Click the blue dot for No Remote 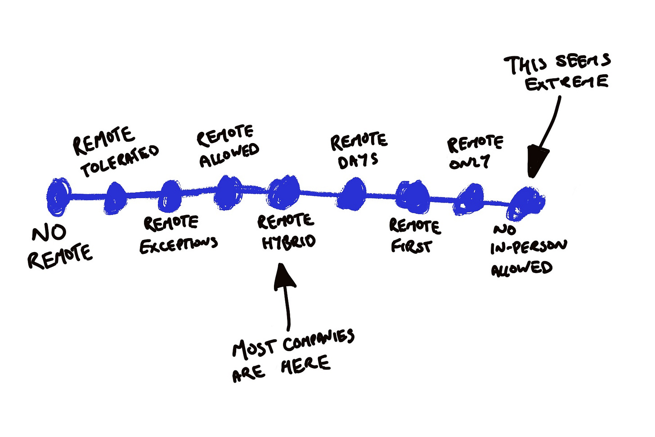pos(58,196)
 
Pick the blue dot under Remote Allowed pos(228,192)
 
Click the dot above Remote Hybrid pos(283,192)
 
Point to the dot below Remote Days pos(352,194)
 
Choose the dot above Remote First pos(412,197)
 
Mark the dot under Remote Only pos(470,199)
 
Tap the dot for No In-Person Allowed pos(527,203)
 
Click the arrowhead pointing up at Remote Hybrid pos(285,275)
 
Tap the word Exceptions pos(179,245)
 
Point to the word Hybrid pos(289,242)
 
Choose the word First pos(411,246)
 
